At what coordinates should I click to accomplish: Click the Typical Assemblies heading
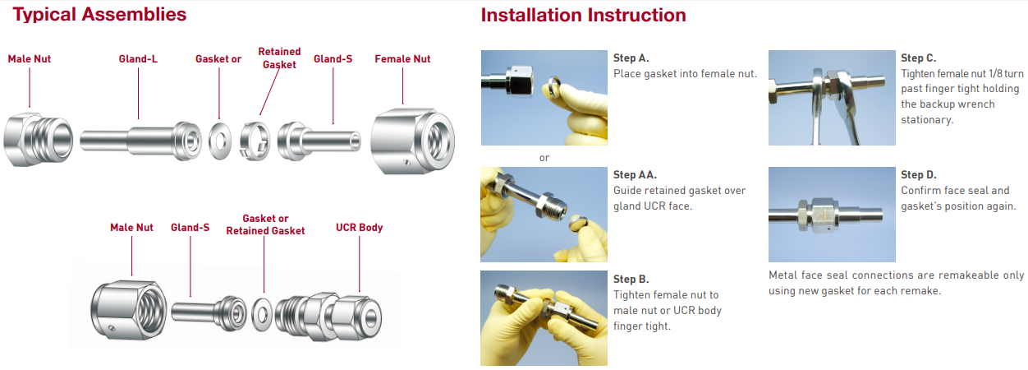click(99, 15)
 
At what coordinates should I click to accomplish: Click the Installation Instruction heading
click(583, 15)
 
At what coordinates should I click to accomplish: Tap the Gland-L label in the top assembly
click(138, 59)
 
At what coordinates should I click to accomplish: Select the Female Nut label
click(402, 59)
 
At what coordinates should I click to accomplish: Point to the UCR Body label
click(360, 228)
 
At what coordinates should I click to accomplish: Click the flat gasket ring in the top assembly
click(220, 141)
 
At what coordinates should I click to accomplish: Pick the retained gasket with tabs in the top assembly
click(255, 141)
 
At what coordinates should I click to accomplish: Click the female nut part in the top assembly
click(412, 141)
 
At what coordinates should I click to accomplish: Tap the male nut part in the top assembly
click(38, 139)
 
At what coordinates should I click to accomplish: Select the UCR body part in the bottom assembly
click(328, 317)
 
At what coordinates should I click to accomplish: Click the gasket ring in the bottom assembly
click(262, 315)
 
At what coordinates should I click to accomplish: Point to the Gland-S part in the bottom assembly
click(209, 313)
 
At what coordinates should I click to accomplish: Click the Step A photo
click(544, 98)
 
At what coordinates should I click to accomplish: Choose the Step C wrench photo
click(832, 98)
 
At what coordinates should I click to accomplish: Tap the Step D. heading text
click(918, 174)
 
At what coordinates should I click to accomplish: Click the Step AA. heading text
click(635, 174)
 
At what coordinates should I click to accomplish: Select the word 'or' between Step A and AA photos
click(544, 158)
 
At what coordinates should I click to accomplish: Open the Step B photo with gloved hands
click(544, 318)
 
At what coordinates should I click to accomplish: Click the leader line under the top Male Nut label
click(30, 88)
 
